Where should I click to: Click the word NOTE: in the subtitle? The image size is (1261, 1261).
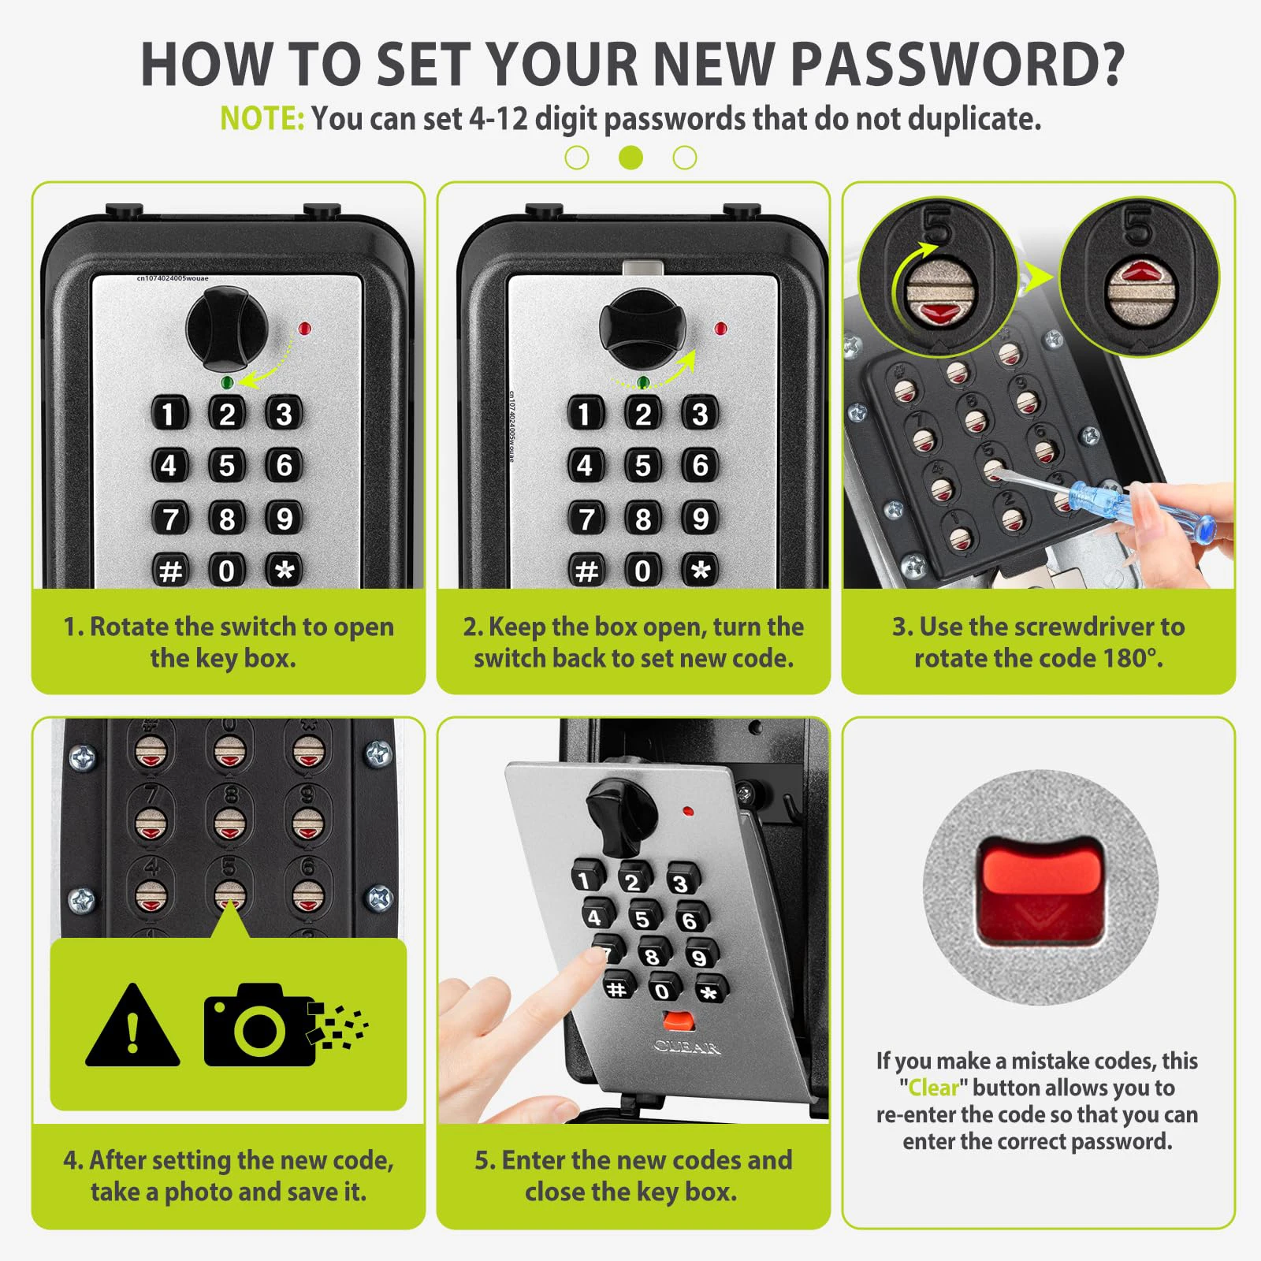[262, 119]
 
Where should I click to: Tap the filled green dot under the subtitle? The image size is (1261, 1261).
[630, 158]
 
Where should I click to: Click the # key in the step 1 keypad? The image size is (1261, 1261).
[170, 570]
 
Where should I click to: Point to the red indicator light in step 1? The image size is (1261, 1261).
[305, 328]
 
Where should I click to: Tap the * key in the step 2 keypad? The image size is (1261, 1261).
[700, 570]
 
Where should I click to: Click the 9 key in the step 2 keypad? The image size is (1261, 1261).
[700, 519]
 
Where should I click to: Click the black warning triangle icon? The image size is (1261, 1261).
[132, 1027]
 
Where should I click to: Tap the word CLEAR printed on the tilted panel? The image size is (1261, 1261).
[686, 1047]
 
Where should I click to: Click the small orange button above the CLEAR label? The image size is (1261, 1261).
[678, 1021]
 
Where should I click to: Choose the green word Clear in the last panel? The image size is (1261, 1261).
[933, 1088]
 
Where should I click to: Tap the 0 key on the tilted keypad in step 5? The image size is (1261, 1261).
[663, 990]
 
